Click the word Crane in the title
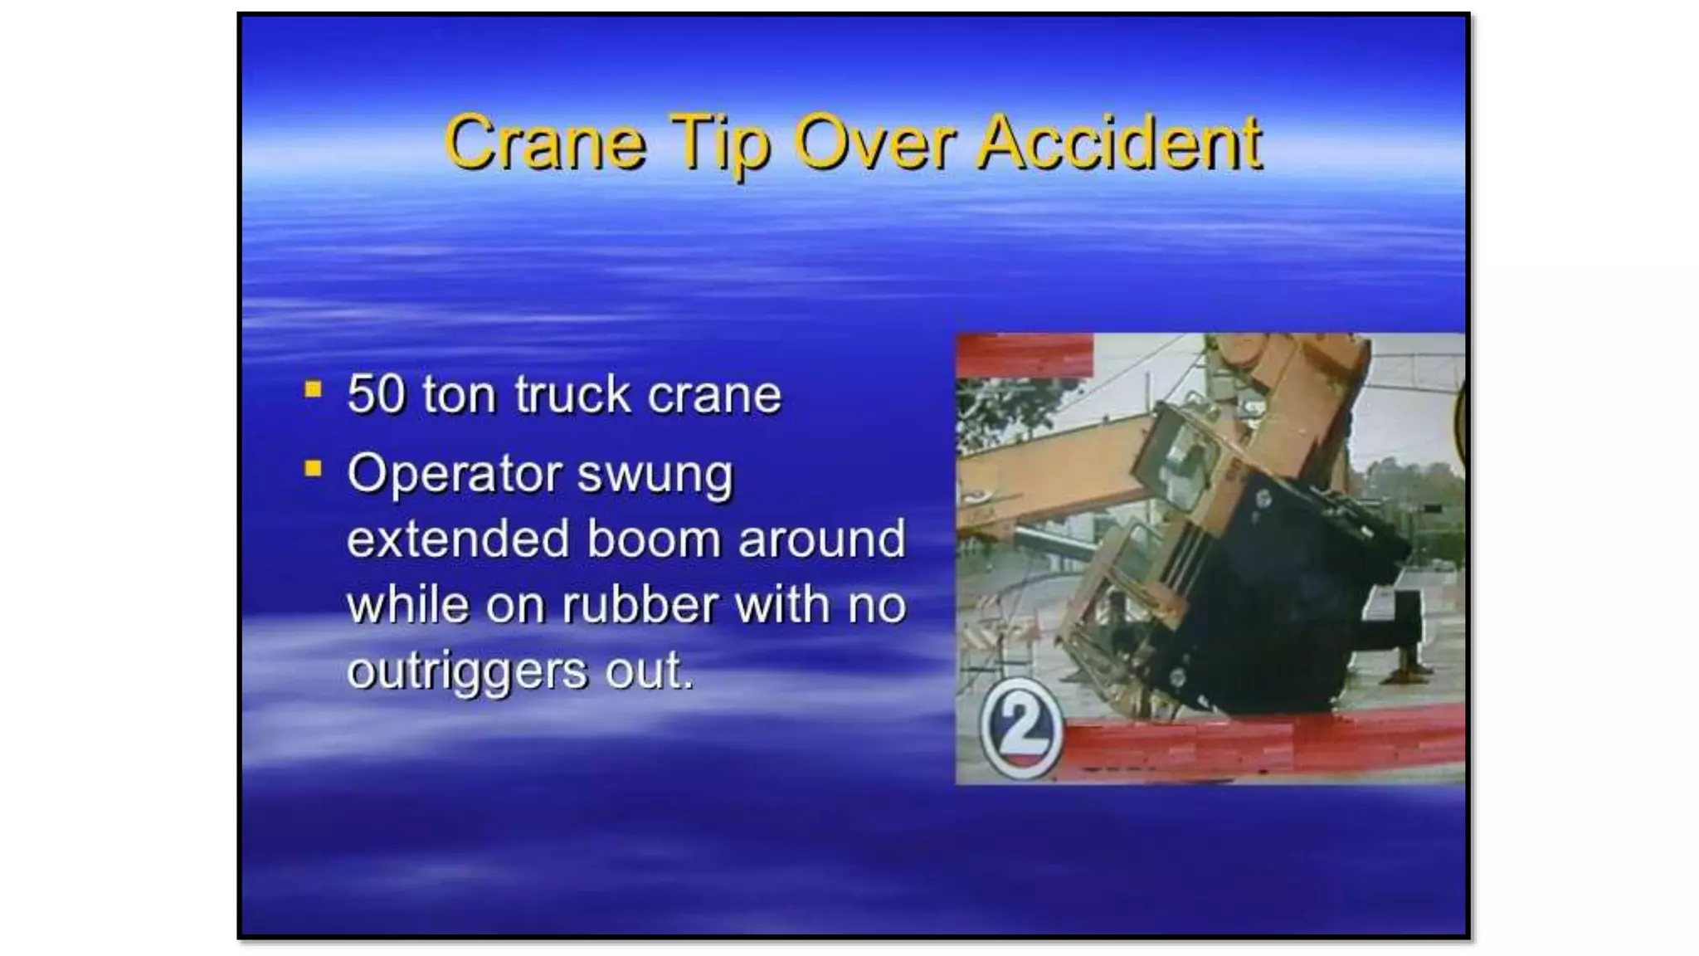(x=545, y=144)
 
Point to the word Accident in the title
(x=1119, y=144)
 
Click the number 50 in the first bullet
(x=376, y=393)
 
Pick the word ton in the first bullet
(x=459, y=393)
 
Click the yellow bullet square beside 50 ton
(x=313, y=389)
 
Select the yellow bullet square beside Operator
(x=313, y=469)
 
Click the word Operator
(x=455, y=475)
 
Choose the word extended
(x=458, y=539)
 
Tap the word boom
(x=655, y=539)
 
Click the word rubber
(x=640, y=604)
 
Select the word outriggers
(x=467, y=671)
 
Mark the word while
(x=407, y=604)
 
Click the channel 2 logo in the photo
(x=1021, y=729)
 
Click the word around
(x=821, y=539)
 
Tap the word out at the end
(x=648, y=671)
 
